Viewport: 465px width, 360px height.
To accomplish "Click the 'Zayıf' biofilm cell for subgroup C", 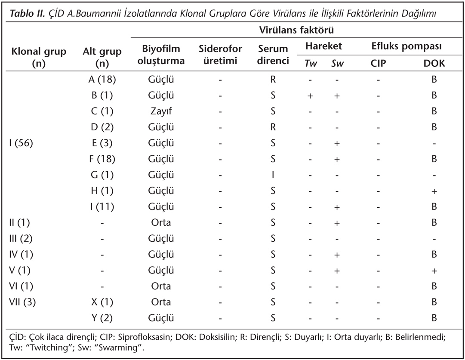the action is [161, 111].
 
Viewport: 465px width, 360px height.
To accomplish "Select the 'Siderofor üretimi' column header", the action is [220, 55].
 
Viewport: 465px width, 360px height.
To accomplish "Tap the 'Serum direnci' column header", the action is [273, 55].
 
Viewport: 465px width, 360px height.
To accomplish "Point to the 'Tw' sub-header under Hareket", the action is [311, 63].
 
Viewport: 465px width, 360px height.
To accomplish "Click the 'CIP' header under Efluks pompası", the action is [378, 63].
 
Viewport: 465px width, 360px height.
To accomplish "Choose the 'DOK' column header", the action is [434, 63].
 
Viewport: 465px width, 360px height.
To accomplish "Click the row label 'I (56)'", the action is [21, 143].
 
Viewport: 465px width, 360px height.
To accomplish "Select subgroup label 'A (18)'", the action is [102, 80].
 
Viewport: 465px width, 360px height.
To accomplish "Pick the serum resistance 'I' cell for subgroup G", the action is [273, 175].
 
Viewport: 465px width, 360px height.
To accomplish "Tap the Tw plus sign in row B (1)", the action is [310, 96].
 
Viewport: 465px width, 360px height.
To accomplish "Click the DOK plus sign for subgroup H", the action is [434, 191].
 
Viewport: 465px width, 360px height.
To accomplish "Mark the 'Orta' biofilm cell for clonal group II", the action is [161, 223].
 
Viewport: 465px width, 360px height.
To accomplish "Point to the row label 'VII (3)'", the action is [22, 302].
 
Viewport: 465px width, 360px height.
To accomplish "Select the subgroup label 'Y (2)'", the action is [102, 318].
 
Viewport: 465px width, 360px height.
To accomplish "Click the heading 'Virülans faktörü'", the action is [296, 30].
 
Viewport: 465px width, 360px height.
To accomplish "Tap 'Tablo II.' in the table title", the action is [28, 14].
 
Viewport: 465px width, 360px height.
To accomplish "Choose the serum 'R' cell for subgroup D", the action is [273, 127].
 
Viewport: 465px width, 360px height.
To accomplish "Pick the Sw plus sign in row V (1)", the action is [336, 271].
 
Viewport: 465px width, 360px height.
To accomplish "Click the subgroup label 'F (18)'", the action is [102, 159].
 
